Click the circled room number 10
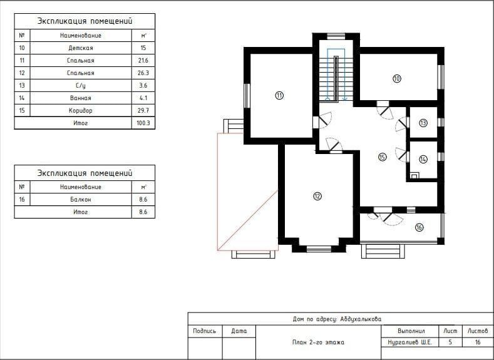pos(397,78)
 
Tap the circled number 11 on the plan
pos(279,95)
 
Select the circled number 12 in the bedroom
pos(317,196)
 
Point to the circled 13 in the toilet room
pos(423,123)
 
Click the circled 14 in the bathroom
pos(423,160)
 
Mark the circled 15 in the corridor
pos(383,157)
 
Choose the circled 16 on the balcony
pos(419,227)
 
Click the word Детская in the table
pos(81,48)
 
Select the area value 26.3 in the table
pos(143,73)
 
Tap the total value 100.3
pos(143,123)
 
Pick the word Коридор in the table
pos(81,111)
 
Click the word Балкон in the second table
pos(81,199)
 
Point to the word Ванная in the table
pos(81,98)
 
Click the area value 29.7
pos(143,111)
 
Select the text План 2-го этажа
pos(318,342)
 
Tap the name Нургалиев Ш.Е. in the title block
pos(409,342)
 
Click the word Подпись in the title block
pos(205,331)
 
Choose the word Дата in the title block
pos(239,331)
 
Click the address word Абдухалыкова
pos(361,319)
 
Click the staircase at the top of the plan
pos(336,75)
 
